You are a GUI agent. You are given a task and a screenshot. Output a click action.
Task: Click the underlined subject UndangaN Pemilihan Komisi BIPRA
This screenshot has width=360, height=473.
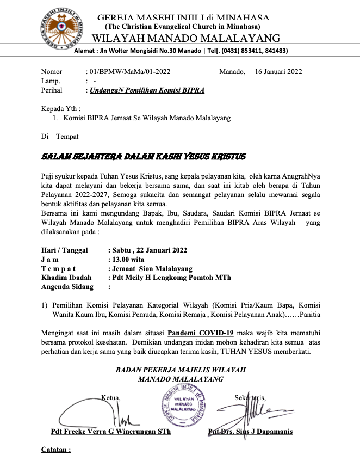(147, 90)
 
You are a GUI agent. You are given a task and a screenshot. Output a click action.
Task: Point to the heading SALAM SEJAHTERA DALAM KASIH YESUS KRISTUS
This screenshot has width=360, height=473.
(144, 157)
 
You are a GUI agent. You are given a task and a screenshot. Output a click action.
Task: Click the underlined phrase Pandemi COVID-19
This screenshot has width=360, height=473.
(201, 333)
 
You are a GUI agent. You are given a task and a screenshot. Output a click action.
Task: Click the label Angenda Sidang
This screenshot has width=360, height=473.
(67, 287)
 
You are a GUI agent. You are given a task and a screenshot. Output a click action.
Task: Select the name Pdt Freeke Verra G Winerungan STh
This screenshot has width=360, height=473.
(110, 432)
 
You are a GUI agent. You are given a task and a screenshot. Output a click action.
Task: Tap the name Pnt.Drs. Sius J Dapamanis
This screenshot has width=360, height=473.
(250, 432)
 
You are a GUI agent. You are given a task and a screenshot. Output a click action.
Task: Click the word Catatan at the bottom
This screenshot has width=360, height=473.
(56, 451)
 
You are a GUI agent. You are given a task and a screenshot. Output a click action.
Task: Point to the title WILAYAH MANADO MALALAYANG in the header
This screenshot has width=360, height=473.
(186, 39)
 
